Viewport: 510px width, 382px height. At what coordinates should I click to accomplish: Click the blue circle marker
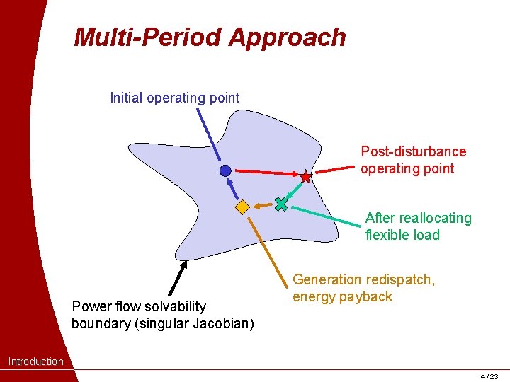[x=225, y=170]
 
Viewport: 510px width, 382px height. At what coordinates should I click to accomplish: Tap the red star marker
[x=305, y=176]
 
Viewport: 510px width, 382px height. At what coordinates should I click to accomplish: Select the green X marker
[x=281, y=204]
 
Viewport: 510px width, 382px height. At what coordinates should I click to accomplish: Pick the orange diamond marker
[x=242, y=207]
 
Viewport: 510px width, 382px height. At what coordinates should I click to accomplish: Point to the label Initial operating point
[x=175, y=98]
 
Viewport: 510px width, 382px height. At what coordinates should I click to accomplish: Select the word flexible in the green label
[x=389, y=235]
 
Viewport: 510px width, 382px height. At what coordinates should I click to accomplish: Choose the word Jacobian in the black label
[x=220, y=323]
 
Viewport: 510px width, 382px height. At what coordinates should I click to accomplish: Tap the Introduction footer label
[x=35, y=361]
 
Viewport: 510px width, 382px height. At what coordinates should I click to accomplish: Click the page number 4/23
[x=489, y=376]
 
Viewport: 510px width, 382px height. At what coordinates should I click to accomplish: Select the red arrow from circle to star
[x=266, y=173]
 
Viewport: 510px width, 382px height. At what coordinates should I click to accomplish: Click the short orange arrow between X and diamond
[x=262, y=206]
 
